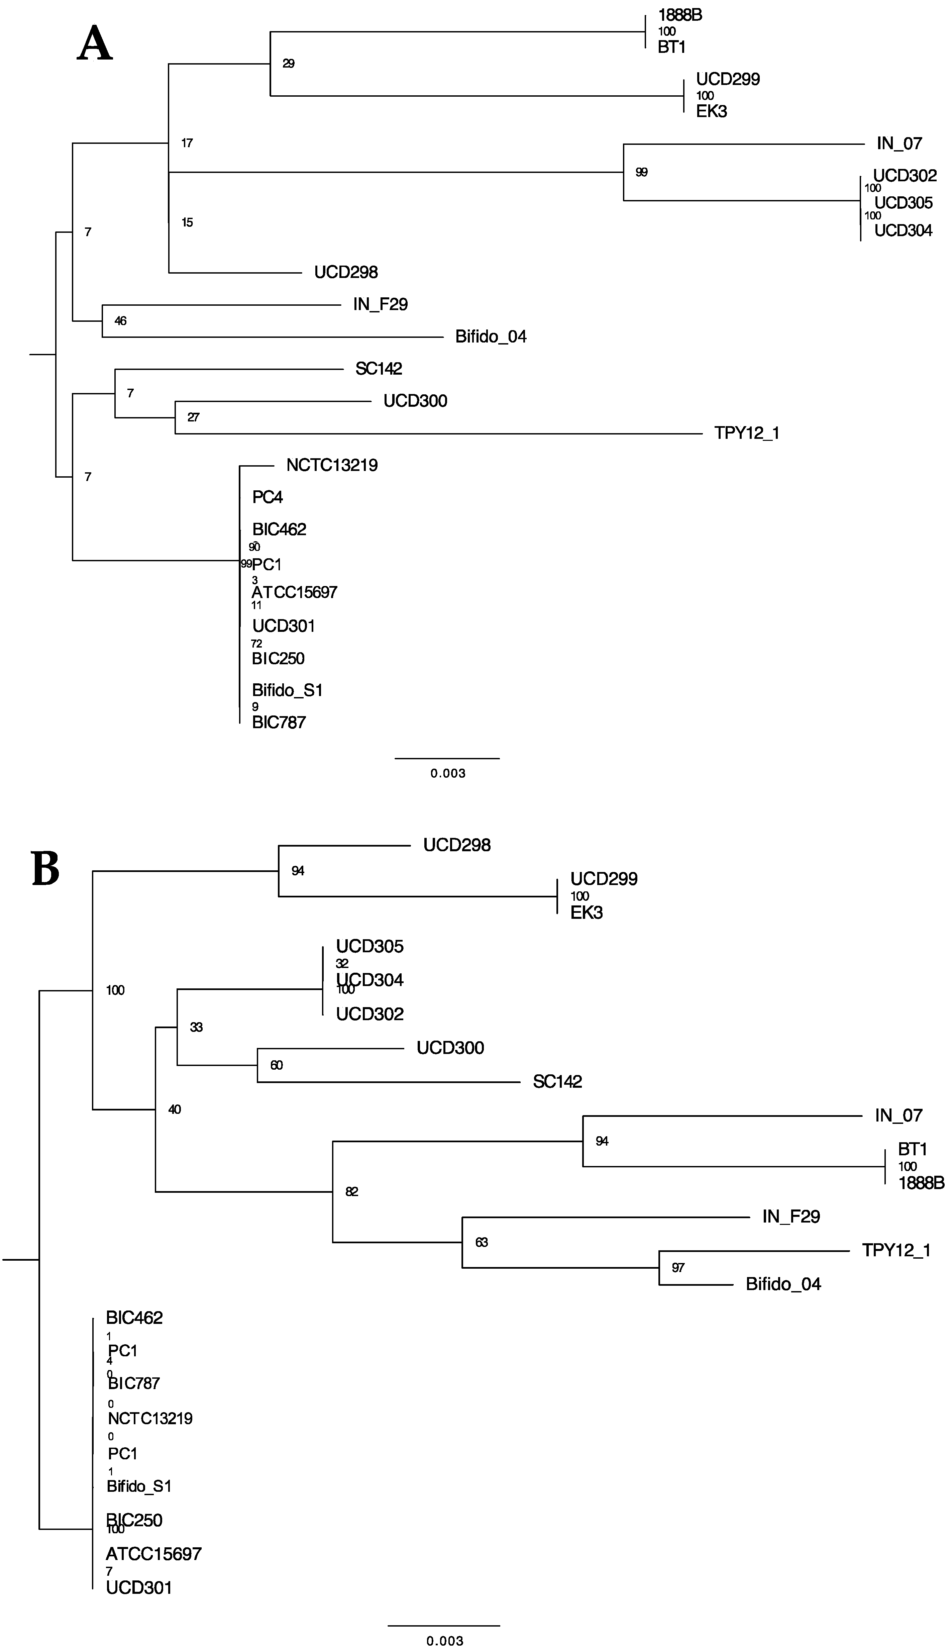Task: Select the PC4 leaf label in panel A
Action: click(x=267, y=497)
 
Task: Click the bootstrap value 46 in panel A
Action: click(x=121, y=321)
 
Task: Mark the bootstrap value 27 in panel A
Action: click(x=193, y=417)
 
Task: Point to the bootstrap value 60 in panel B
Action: click(x=276, y=1065)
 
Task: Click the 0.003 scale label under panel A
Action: click(x=448, y=774)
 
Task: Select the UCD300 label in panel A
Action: click(x=415, y=401)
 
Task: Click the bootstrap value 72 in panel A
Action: click(x=257, y=644)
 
